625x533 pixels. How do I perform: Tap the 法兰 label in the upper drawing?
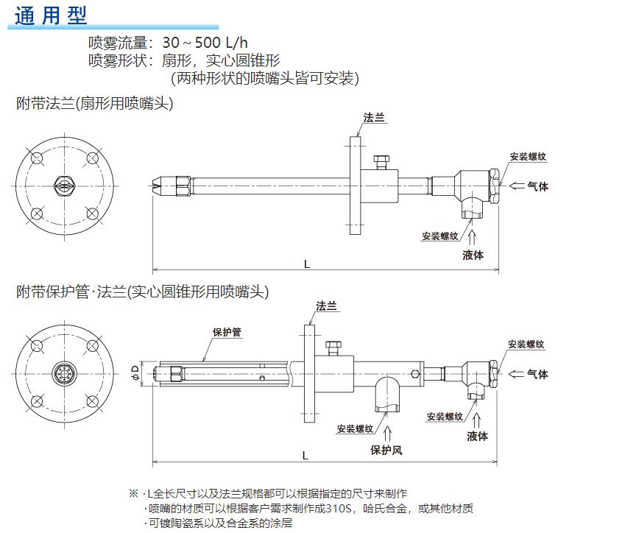pos(374,118)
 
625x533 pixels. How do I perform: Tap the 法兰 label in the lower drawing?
pos(326,305)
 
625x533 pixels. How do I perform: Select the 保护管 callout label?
pos(227,332)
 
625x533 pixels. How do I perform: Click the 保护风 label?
pos(386,450)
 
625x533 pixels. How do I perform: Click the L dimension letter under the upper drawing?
pos(306,264)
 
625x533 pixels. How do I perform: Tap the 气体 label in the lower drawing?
pos(537,374)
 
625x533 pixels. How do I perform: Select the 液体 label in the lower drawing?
pos(478,436)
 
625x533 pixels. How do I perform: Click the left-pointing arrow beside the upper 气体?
pos(517,186)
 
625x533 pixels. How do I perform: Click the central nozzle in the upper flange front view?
pos(62,185)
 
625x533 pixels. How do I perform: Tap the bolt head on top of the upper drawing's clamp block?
pos(381,160)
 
